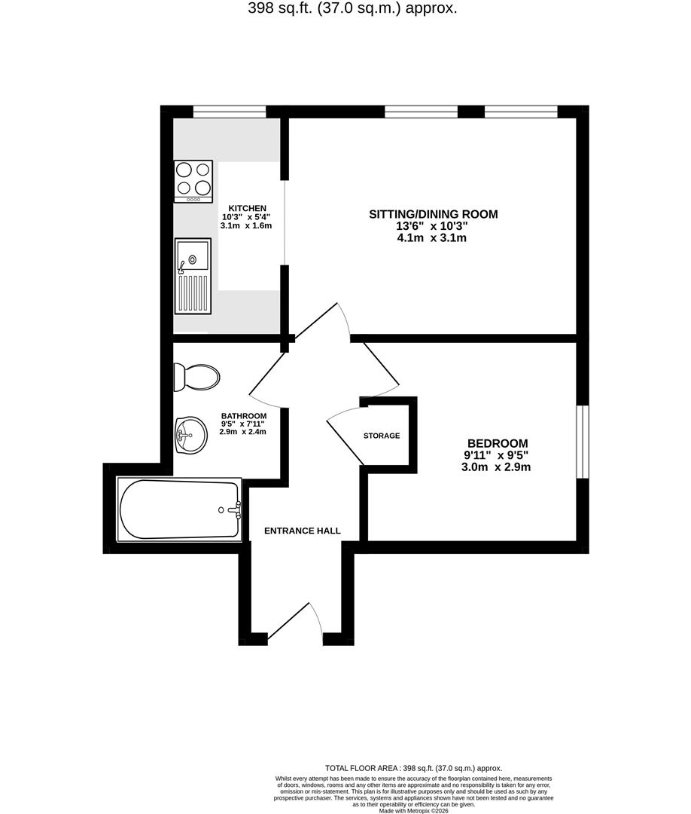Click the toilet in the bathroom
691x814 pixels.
click(x=196, y=377)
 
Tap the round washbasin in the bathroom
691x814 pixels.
click(x=190, y=435)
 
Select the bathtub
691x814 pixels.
click(x=179, y=510)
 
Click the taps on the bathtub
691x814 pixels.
click(x=233, y=510)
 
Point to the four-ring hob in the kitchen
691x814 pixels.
click(x=193, y=181)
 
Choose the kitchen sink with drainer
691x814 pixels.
click(x=193, y=276)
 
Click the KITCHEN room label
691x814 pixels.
click(x=248, y=208)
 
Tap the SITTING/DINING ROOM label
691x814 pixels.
click(x=433, y=214)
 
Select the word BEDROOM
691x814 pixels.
click(x=497, y=443)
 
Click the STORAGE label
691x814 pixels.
click(x=382, y=436)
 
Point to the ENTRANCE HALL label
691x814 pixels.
click(x=302, y=531)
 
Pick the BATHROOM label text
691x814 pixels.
click(x=243, y=416)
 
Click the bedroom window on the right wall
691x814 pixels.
click(x=583, y=442)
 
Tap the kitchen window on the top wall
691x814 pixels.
click(x=230, y=112)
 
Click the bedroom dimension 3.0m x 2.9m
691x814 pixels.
click(x=497, y=467)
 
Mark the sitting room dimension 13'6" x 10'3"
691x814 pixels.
click(x=433, y=226)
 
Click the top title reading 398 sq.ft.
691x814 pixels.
click(x=352, y=9)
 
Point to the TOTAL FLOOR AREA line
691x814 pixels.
click(x=413, y=768)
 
